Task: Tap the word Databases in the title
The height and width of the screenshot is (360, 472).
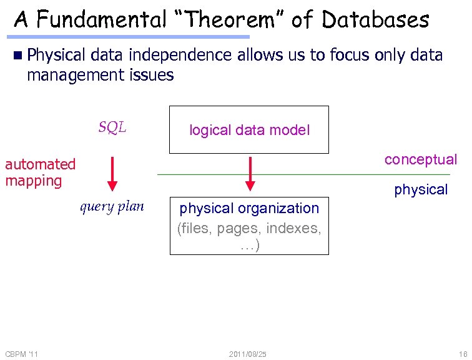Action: (376, 20)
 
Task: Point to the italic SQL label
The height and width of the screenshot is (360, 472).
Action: (112, 127)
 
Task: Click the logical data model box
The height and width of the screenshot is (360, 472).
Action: (249, 130)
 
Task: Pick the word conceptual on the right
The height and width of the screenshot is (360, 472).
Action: (421, 159)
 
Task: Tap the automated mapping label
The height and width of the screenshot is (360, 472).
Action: (40, 172)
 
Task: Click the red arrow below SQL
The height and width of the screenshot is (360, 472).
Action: (112, 172)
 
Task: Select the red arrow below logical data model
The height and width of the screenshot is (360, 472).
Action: (250, 172)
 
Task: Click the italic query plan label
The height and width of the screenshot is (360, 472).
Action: (112, 206)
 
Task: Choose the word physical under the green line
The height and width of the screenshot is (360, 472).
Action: (421, 189)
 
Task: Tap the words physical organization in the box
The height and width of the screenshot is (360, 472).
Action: (249, 208)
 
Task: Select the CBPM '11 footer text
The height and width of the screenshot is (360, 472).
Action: (21, 354)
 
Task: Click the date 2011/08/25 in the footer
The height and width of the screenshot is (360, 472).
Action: (247, 354)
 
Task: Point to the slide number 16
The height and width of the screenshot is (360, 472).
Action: (462, 354)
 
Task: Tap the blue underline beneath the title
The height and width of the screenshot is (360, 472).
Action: (131, 37)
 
